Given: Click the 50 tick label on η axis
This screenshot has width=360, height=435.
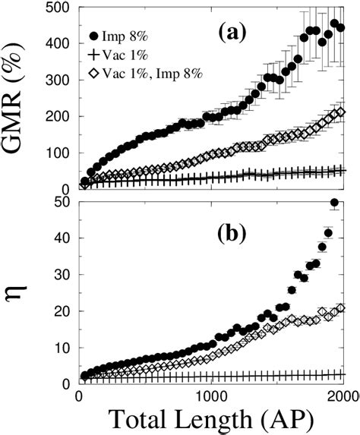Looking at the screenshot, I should point(62,202).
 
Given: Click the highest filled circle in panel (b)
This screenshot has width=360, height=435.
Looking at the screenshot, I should point(334,202).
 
